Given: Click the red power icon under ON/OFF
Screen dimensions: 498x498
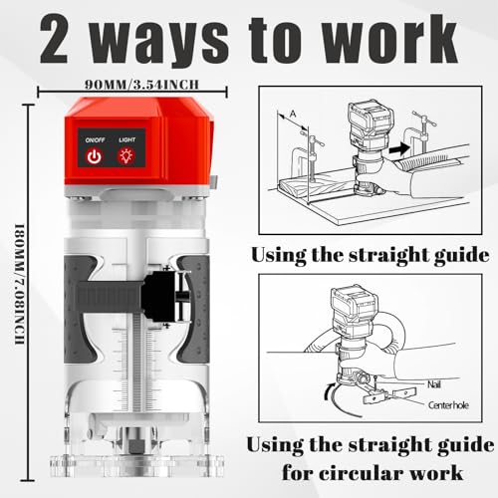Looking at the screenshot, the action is coord(94,156).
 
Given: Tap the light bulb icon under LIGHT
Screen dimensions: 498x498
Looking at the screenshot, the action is coord(126,156).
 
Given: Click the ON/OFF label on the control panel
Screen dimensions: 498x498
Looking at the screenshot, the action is coord(95,139).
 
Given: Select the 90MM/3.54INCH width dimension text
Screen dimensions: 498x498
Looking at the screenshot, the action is coord(141,85).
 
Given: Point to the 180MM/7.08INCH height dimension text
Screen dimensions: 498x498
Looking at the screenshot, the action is coord(20,285).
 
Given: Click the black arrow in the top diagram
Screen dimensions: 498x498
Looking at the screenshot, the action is coord(399,148).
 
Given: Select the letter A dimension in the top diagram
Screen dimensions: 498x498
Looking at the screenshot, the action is coord(293,114).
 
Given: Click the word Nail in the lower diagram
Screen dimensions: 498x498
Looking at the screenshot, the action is coord(434,384).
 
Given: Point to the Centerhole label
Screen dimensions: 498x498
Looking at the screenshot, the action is coord(448,405).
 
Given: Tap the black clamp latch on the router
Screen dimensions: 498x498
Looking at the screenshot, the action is coord(166,297).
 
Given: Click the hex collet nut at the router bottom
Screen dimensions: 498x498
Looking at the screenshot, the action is coord(135,446).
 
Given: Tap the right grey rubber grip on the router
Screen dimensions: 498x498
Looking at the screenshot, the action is coord(193,309).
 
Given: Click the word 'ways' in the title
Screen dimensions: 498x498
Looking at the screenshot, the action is coord(159,41).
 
